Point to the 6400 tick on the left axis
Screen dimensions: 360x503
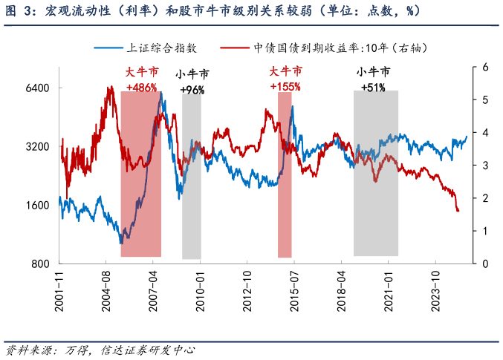38,88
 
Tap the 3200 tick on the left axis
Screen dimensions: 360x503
38,146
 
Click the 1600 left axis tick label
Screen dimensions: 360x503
38,206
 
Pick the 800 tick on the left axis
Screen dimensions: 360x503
41,264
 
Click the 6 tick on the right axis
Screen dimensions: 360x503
484,67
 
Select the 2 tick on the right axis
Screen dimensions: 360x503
484,198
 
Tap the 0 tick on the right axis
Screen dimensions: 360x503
484,264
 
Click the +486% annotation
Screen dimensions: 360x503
141,87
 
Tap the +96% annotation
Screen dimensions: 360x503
192,90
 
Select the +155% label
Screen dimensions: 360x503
285,87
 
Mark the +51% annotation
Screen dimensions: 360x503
373,88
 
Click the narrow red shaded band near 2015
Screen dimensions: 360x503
284,193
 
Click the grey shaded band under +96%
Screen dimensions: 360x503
192,178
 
